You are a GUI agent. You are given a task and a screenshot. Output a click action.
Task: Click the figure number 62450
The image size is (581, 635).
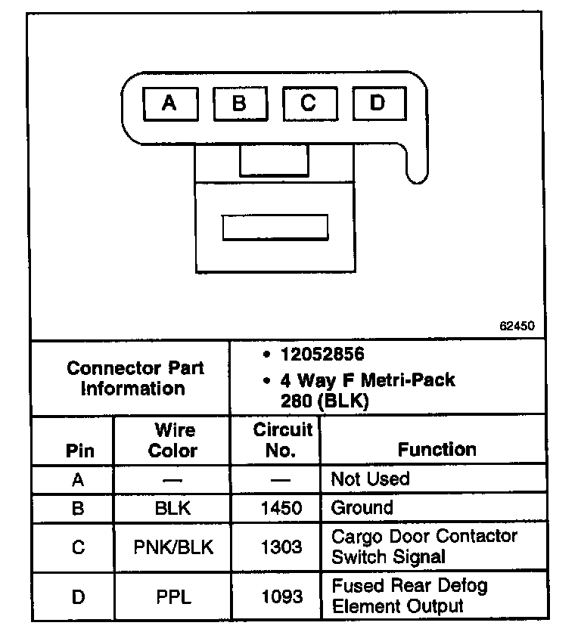coord(517,327)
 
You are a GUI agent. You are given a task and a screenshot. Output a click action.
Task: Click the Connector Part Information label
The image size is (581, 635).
coord(135,378)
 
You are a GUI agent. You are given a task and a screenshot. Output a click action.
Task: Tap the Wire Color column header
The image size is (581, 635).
coord(173,440)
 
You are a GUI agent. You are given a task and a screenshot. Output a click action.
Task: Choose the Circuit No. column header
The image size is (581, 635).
coord(281,440)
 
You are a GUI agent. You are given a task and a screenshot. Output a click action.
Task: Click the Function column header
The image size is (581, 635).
coord(437,449)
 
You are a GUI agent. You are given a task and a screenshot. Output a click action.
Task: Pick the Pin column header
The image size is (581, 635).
coord(80,451)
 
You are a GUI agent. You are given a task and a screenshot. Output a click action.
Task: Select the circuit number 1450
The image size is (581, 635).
coord(281,508)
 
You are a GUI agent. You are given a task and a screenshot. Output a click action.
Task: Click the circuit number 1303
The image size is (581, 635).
coord(281,547)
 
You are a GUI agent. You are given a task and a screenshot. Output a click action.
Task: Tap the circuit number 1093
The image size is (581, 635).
coord(281,596)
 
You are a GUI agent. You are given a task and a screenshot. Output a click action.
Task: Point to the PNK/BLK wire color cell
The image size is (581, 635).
coord(173,547)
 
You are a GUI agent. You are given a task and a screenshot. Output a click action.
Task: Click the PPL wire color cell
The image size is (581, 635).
coord(173,596)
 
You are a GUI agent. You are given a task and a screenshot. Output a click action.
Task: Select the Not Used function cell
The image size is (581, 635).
coord(371,479)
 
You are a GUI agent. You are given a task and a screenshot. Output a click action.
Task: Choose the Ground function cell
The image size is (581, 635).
coord(362,508)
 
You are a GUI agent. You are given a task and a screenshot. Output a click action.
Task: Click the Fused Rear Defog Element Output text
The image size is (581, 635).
coord(409,596)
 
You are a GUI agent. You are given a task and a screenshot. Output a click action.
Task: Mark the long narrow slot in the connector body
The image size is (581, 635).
coord(275,227)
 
